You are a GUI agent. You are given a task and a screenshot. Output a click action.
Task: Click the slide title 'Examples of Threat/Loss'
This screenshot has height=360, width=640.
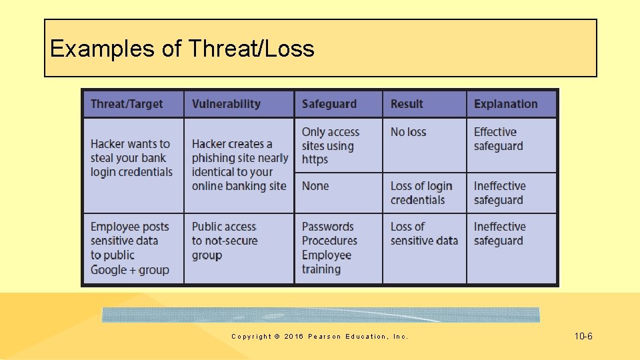click(x=182, y=49)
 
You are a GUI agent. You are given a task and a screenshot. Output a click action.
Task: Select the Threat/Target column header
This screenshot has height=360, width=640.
click(x=127, y=104)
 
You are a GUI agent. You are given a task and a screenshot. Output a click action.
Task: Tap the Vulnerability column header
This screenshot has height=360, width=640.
click(x=226, y=104)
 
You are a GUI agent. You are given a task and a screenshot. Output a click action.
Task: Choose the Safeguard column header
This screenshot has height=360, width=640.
click(x=329, y=104)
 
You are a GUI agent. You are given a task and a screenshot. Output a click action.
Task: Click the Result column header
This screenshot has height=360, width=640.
click(x=407, y=104)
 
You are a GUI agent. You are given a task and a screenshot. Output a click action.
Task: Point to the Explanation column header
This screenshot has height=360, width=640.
click(x=505, y=104)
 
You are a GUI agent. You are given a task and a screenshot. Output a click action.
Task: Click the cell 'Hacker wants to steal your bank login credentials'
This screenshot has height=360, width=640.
click(x=131, y=158)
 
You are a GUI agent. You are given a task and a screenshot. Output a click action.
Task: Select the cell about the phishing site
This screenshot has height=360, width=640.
click(x=239, y=165)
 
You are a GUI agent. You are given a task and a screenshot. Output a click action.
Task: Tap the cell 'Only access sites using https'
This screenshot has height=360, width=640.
click(x=331, y=145)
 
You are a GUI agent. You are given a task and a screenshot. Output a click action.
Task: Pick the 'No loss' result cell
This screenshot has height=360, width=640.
click(x=408, y=132)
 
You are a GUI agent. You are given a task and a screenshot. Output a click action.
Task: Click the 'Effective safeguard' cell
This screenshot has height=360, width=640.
click(x=498, y=139)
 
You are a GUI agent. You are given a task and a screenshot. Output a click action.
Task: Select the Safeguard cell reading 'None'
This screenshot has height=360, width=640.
click(x=315, y=186)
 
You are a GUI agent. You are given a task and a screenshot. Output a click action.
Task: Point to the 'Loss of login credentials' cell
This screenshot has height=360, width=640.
click(x=421, y=193)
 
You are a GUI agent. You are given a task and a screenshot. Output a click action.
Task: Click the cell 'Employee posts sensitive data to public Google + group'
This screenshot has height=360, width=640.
click(x=130, y=248)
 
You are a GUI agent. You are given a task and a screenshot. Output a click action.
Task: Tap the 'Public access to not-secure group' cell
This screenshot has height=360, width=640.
click(x=225, y=241)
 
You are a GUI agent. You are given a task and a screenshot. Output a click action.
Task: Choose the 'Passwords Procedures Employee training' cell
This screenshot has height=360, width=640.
click(x=329, y=248)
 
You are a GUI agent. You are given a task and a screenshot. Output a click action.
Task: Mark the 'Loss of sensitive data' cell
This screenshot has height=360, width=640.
click(x=424, y=233)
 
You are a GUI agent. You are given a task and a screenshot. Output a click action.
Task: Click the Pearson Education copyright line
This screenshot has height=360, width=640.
click(x=319, y=337)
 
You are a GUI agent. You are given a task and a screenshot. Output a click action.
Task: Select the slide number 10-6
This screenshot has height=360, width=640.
click(x=583, y=336)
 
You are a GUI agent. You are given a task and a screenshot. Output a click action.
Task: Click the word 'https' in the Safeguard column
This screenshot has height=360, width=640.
click(x=315, y=159)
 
